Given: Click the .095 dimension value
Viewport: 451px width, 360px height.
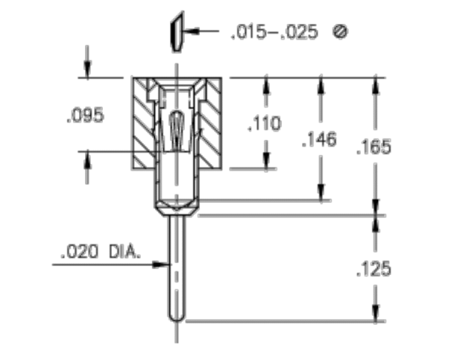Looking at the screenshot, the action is pyautogui.click(x=85, y=116).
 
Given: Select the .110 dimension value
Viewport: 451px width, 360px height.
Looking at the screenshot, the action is pyautogui.click(x=265, y=124).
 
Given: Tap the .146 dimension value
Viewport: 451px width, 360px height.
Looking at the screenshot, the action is pyautogui.click(x=319, y=140).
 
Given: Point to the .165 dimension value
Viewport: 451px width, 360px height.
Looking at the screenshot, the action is pyautogui.click(x=374, y=147).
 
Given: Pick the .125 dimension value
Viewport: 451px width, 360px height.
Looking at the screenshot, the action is pyautogui.click(x=374, y=269).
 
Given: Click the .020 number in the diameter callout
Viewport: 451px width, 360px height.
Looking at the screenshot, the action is pyautogui.click(x=80, y=251).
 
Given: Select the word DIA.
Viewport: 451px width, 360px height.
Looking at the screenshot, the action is pyautogui.click(x=125, y=251).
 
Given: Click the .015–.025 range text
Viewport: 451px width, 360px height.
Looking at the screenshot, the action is pyautogui.click(x=274, y=32).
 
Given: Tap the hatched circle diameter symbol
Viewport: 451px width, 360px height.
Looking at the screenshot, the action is pyautogui.click(x=341, y=32).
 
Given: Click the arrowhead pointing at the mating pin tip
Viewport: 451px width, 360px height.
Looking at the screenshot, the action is pyautogui.click(x=191, y=31).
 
